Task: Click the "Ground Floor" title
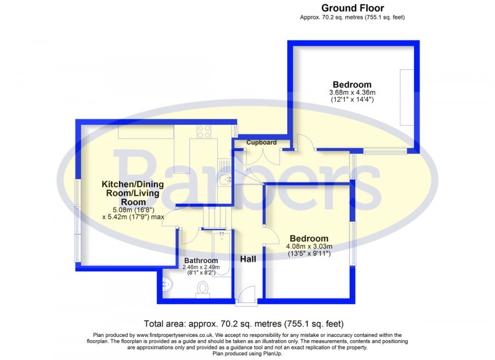tap(353, 8)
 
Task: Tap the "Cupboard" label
tap(261, 143)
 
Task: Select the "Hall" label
tap(248, 259)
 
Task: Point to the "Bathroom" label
tap(201, 260)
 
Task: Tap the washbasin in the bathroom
tap(168, 284)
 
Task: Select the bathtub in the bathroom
tap(222, 254)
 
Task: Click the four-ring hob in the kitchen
tap(204, 132)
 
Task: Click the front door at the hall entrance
tap(246, 296)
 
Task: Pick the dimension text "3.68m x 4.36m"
tap(353, 92)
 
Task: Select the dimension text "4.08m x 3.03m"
tap(309, 246)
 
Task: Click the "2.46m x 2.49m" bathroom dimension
tap(201, 267)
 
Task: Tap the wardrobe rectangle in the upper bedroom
tap(407, 97)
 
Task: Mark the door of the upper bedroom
tap(305, 142)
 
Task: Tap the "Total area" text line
tap(244, 324)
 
